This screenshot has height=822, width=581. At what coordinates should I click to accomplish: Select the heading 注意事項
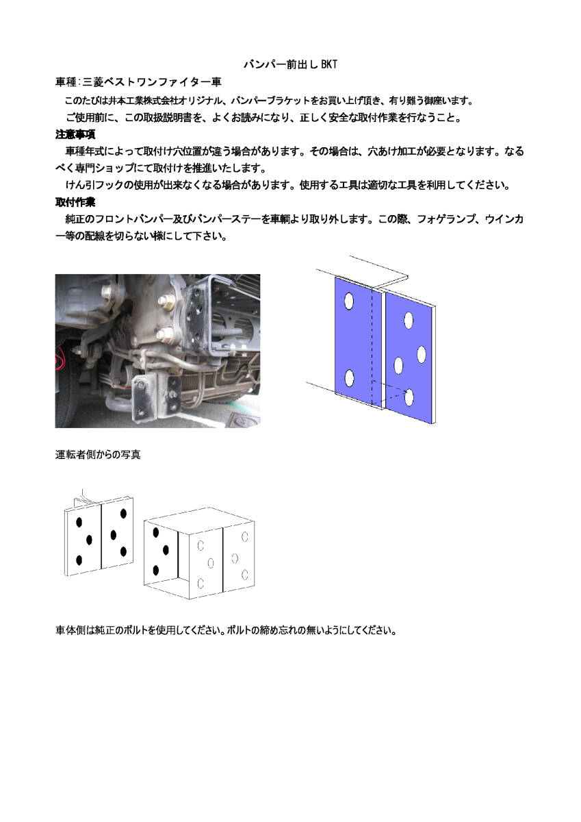[x=75, y=134]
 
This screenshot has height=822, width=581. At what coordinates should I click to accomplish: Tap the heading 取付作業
[x=75, y=203]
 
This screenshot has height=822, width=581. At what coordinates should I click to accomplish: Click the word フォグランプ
[x=445, y=220]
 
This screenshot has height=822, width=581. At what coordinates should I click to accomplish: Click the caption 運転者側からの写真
[x=98, y=454]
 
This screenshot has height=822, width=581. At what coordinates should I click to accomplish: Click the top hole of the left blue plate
[x=349, y=301]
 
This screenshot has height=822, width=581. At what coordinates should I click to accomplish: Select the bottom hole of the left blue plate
[x=349, y=377]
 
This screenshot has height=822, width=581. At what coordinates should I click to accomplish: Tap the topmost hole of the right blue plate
[x=409, y=319]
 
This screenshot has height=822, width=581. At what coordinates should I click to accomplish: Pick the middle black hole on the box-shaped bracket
[x=166, y=550]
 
